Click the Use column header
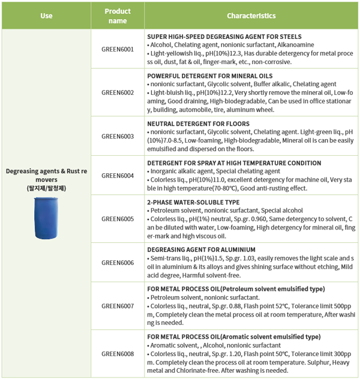click(46, 16)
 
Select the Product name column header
click(118, 16)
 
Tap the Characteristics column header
click(251, 16)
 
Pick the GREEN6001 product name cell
click(118, 49)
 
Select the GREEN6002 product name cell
click(118, 93)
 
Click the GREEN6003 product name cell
click(118, 136)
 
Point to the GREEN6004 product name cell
click(118, 176)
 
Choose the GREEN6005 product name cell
click(118, 219)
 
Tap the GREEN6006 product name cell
click(118, 263)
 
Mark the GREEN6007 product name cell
click(118, 306)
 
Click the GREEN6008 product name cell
click(118, 353)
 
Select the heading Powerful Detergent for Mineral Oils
click(209, 76)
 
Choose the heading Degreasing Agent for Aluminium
click(201, 249)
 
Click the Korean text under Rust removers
click(46, 188)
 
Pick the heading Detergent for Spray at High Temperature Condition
click(233, 163)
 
